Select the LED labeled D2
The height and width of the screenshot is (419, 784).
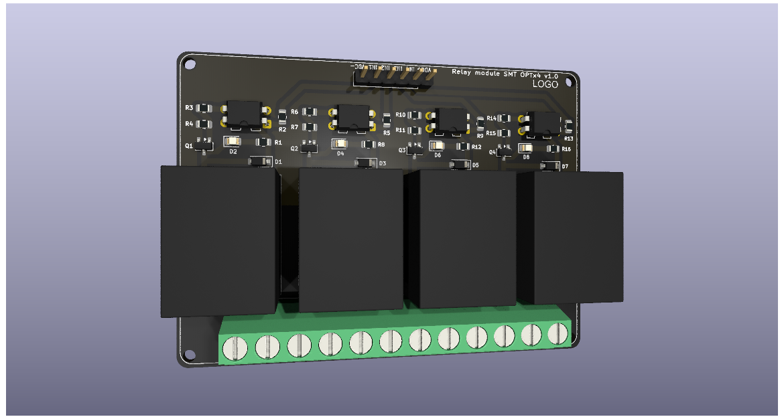pyautogui.click(x=233, y=141)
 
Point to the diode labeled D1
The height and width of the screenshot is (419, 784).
pyautogui.click(x=258, y=161)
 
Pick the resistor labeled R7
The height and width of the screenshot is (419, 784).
pyautogui.click(x=309, y=127)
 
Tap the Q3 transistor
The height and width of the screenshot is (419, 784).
pyautogui.click(x=416, y=148)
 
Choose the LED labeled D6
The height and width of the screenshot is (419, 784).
pyautogui.click(x=436, y=145)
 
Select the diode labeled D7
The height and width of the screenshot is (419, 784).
pyautogui.click(x=549, y=166)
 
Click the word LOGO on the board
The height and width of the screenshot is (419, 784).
pyautogui.click(x=545, y=84)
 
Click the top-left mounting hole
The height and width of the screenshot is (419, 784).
pyautogui.click(x=190, y=64)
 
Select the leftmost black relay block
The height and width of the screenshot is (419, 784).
pyautogui.click(x=219, y=241)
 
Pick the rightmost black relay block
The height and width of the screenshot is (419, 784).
pyautogui.click(x=578, y=238)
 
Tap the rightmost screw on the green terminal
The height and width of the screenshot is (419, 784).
pyautogui.click(x=558, y=333)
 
